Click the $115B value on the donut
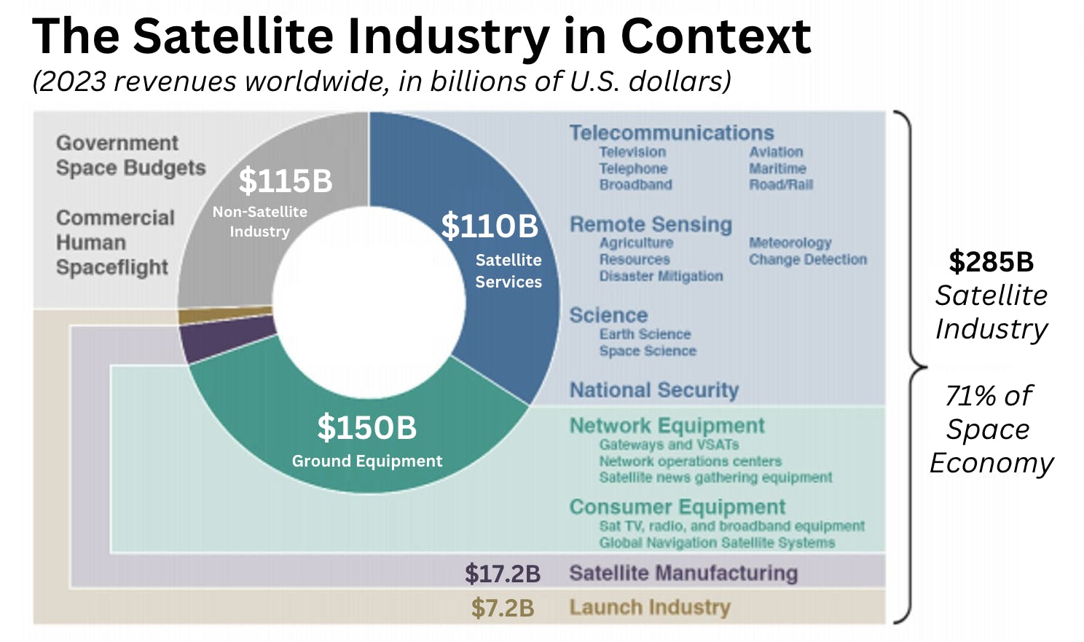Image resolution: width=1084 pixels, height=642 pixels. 286,181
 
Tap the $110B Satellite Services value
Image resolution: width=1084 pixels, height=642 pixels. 490,226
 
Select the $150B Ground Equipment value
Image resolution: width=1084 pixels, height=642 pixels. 366,427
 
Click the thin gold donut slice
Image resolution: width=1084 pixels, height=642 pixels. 224,315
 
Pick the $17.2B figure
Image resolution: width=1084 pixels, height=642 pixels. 503,574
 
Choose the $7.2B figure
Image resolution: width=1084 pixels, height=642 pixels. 503,608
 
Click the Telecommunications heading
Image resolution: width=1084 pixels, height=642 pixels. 671,132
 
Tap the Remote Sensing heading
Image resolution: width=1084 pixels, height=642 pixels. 651,224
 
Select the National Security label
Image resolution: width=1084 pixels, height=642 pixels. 653,390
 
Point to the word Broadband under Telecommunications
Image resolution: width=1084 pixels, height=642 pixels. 635,185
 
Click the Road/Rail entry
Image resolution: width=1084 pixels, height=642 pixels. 781,185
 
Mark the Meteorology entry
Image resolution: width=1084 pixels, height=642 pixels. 790,242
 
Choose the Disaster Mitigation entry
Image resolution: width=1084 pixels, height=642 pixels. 661,276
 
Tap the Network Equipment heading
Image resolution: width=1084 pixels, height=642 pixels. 667,425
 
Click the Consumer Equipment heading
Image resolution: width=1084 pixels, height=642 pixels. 677,507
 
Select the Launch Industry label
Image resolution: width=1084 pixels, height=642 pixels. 649,607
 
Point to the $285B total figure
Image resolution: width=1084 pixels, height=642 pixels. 991,262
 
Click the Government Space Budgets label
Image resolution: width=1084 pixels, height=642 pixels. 130,155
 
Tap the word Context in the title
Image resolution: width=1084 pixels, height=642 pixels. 715,36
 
